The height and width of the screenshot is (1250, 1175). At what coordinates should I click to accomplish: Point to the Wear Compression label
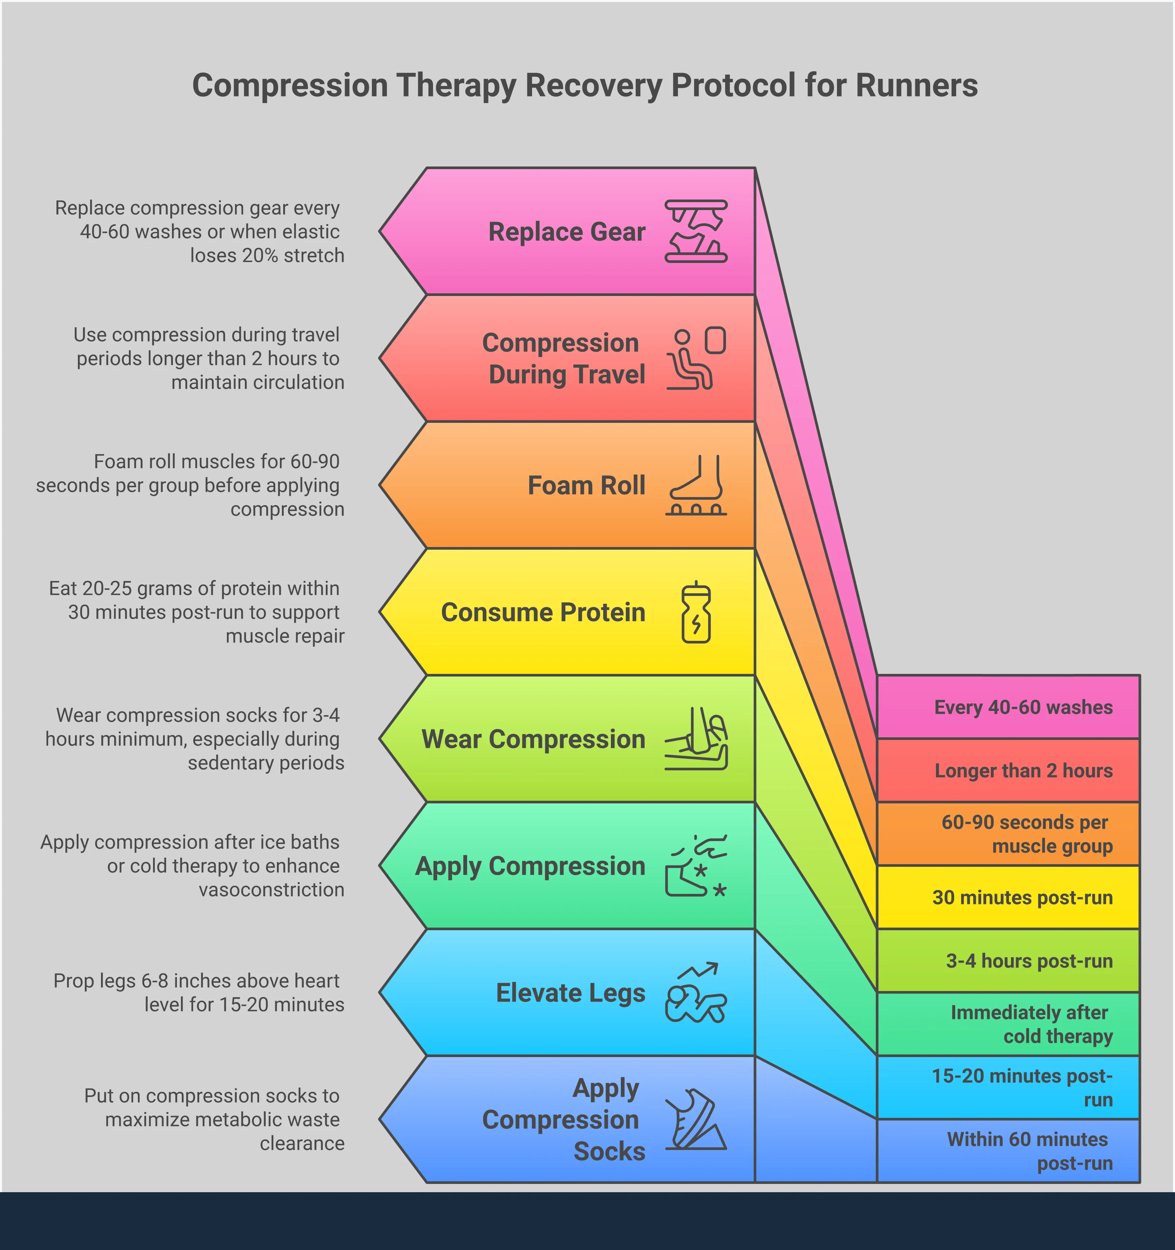(533, 739)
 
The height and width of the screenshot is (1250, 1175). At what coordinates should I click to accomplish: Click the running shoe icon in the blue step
(695, 1120)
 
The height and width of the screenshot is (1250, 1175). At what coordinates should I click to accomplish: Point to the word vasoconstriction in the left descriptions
(271, 890)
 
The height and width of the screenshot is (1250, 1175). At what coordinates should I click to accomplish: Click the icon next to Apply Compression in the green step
(695, 866)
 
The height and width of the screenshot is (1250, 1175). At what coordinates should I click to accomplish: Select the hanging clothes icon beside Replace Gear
(695, 231)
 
